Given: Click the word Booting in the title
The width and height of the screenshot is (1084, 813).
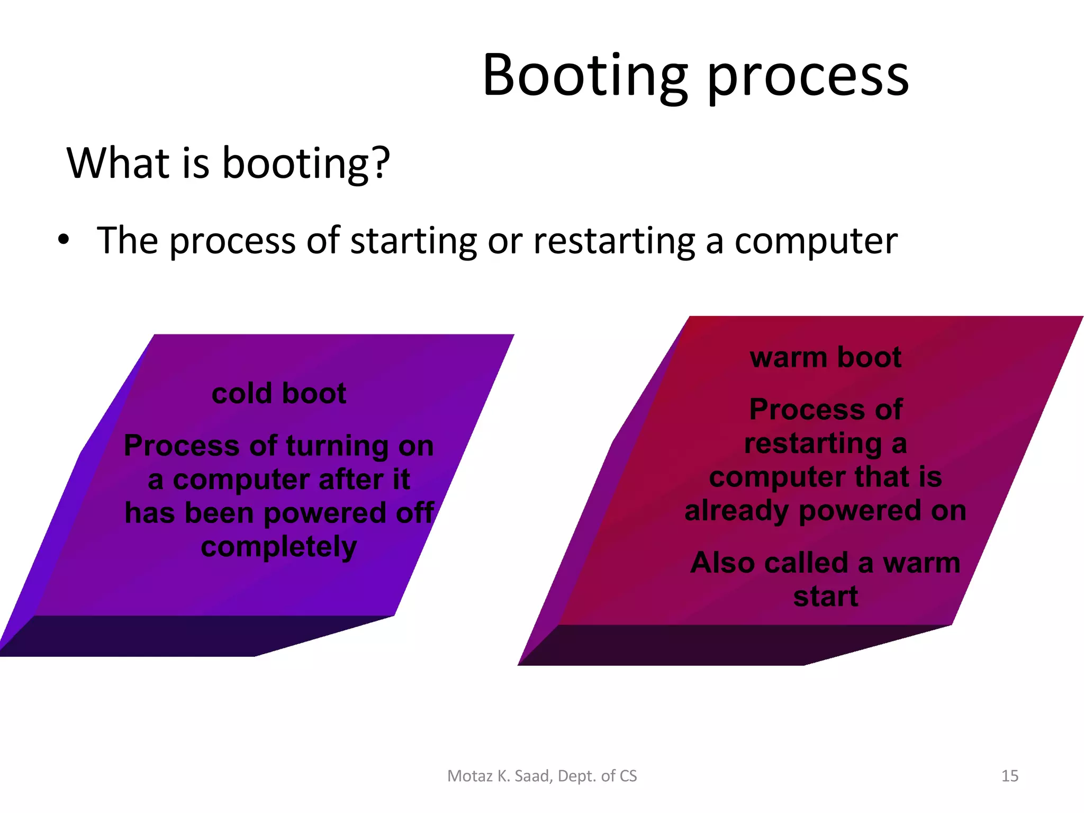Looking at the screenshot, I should tap(585, 77).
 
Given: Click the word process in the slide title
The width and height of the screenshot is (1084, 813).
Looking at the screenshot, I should tap(808, 79).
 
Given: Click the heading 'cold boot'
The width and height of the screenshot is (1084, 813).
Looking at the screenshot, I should tap(279, 393).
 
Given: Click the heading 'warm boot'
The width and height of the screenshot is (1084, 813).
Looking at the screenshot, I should tap(825, 357).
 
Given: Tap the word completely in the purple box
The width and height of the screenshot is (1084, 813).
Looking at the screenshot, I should tap(279, 547).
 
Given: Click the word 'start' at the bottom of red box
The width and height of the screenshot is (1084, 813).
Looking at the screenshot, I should tap(825, 597).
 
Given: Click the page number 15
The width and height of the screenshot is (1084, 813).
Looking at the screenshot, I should tap(1009, 776).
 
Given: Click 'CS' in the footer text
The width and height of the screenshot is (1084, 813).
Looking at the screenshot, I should tap(628, 776).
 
